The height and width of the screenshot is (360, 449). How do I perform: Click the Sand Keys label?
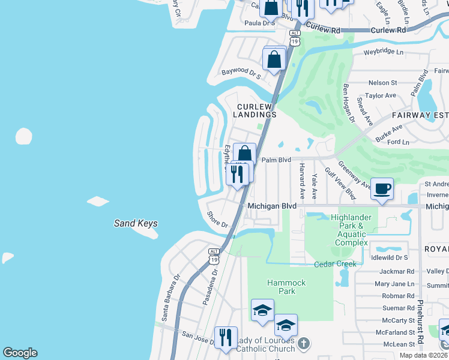coord(136,224)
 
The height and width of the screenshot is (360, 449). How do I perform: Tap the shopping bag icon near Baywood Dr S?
coord(274,60)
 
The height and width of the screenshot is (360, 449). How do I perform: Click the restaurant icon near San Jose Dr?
coord(226,338)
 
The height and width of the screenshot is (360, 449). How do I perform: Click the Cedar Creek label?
coord(335,264)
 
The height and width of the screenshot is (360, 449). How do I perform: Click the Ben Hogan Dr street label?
coord(349,103)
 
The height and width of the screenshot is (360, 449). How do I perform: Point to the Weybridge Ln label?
coord(384,52)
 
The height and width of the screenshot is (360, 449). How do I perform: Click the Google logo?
coord(20,353)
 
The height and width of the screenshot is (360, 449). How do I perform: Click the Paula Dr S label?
coord(259,23)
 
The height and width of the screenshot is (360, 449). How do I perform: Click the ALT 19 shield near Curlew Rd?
coord(294,38)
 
